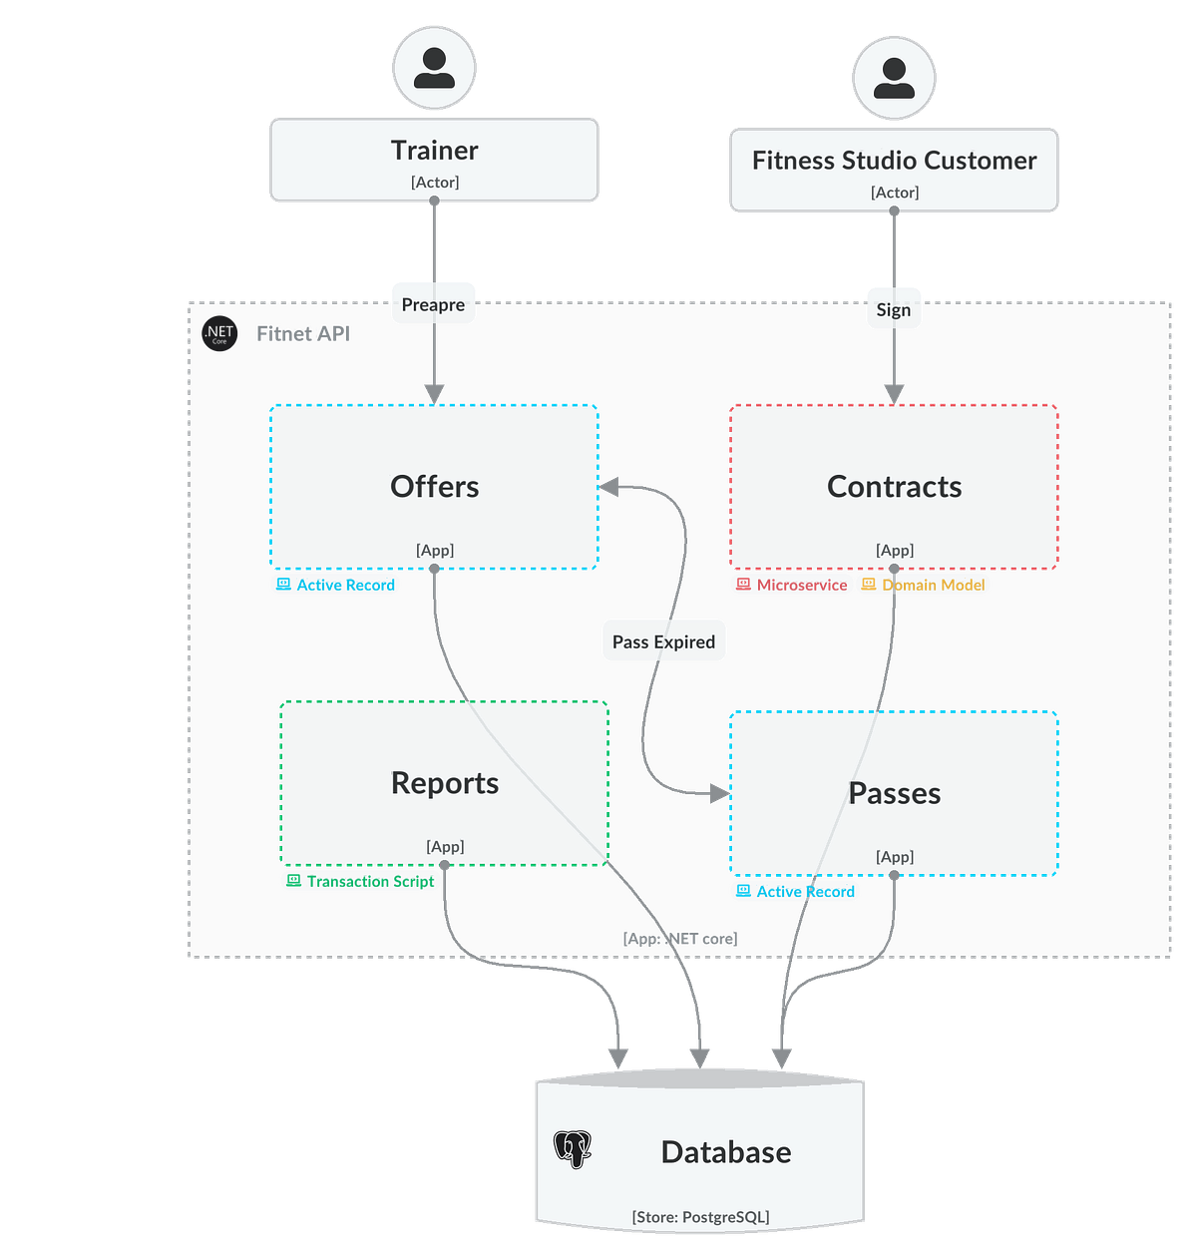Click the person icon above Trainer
[434, 68]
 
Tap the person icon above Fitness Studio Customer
[894, 79]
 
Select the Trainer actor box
[434, 160]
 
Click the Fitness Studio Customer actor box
[894, 170]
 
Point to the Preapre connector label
[433, 304]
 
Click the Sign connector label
[893, 309]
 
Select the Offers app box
[434, 487]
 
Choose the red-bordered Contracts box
[894, 487]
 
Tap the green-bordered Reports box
[444, 783]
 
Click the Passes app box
[894, 793]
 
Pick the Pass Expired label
[663, 641]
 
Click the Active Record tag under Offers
[335, 585]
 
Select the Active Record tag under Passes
[795, 891]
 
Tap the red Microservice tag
[792, 585]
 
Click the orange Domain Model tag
[924, 585]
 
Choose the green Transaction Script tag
[360, 881]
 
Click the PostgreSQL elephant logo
[573, 1149]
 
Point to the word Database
[725, 1152]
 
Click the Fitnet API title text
[303, 333]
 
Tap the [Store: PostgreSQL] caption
[700, 1216]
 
